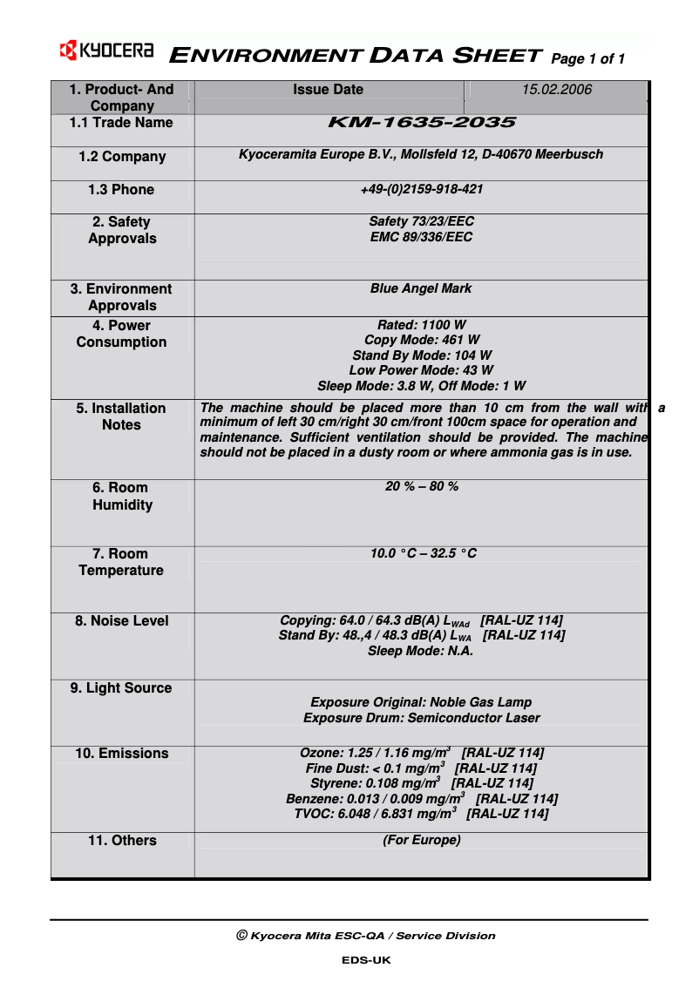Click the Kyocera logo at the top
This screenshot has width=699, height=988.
click(106, 51)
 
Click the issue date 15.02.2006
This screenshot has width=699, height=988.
click(557, 90)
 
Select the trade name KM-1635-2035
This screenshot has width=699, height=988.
click(421, 124)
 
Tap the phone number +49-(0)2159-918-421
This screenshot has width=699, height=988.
click(421, 190)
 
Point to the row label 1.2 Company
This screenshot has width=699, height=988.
click(122, 157)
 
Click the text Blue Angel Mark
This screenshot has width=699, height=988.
click(421, 288)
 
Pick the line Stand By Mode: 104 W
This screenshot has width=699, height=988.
click(421, 355)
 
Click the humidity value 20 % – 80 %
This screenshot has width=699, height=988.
click(421, 487)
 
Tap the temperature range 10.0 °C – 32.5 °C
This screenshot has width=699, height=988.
click(423, 554)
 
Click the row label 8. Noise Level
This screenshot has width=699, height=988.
click(122, 621)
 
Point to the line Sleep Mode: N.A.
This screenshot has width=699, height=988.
click(421, 651)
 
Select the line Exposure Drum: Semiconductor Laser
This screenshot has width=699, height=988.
click(421, 719)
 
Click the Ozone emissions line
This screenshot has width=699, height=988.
click(421, 754)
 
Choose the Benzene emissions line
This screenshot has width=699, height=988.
click(421, 799)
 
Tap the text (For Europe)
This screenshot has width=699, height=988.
click(421, 841)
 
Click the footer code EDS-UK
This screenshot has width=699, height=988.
click(366, 960)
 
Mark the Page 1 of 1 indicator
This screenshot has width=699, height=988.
click(588, 59)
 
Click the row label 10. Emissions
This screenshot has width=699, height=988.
click(122, 754)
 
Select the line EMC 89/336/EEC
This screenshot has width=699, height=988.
click(421, 237)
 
